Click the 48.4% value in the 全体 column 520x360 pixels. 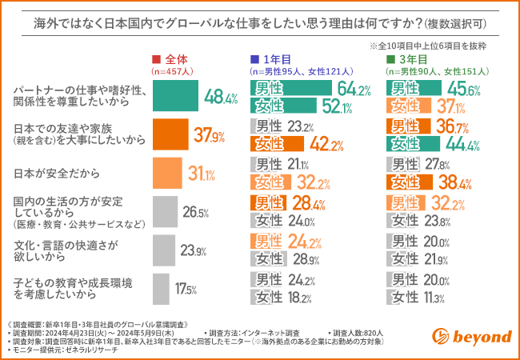(222, 98)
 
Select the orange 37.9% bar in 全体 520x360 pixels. (170, 134)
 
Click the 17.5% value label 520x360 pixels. (186, 289)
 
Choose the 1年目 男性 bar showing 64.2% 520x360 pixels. (291, 87)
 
